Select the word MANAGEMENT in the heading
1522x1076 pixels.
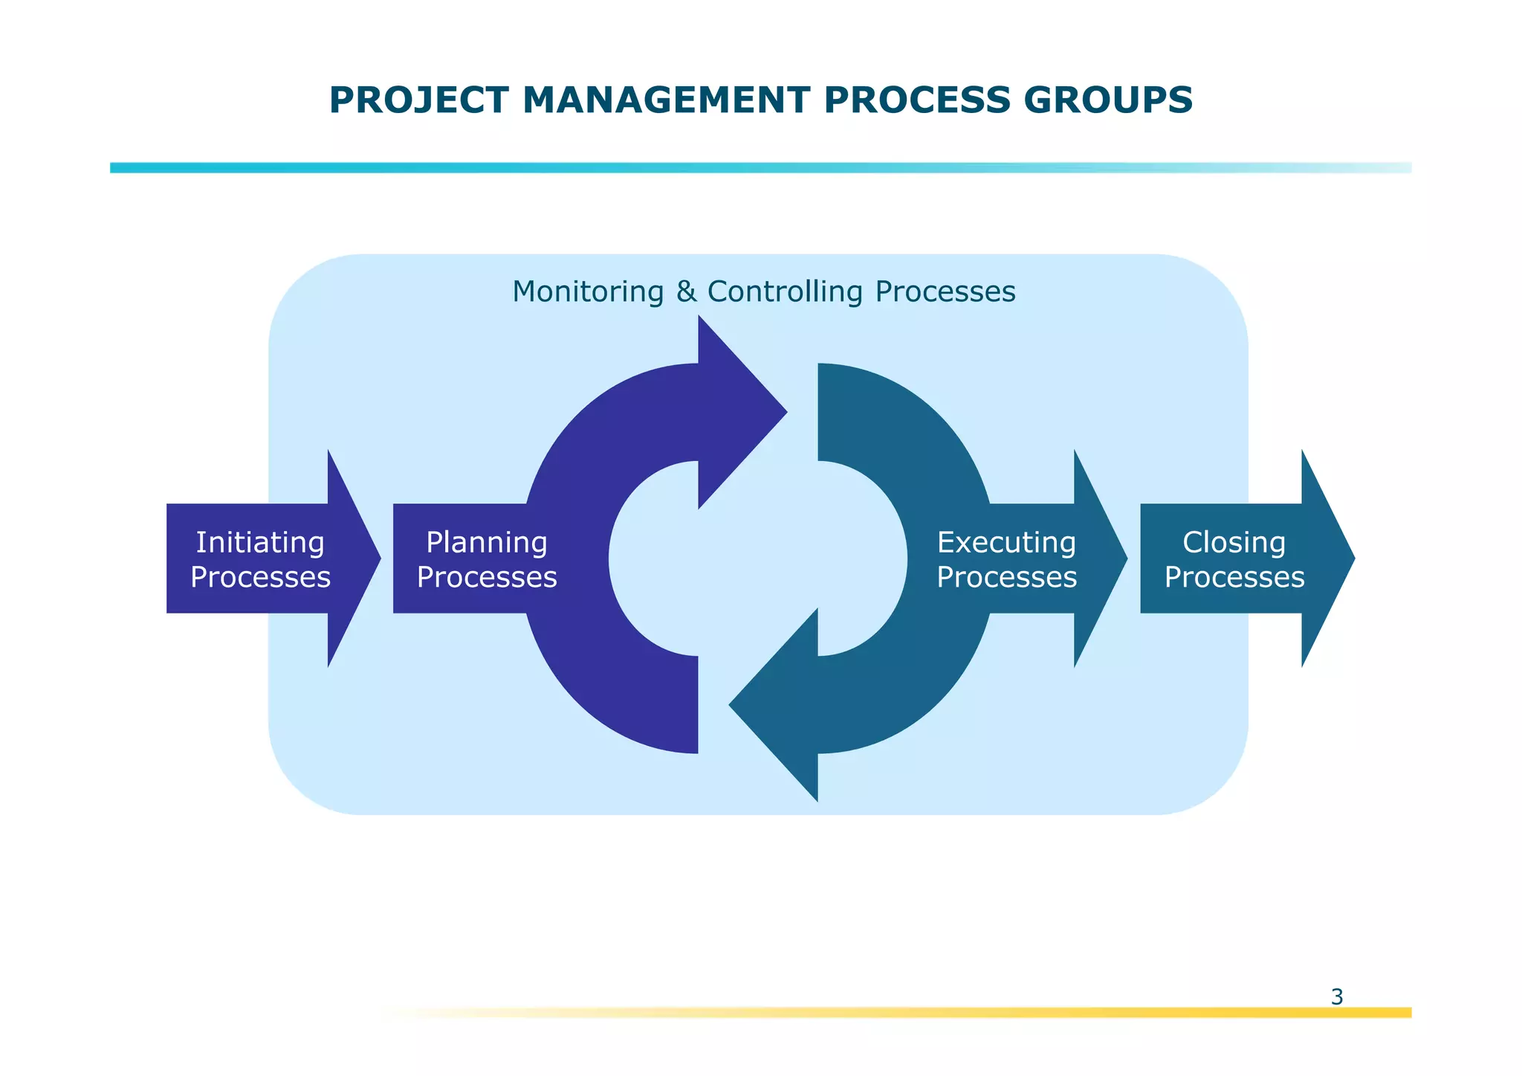665,100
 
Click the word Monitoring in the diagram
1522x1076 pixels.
587,291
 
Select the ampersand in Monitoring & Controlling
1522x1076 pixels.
686,291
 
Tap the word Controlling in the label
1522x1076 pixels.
785,291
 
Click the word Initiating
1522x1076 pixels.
260,543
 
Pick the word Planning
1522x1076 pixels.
487,543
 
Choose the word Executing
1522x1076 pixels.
1006,543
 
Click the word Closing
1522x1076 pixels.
1234,543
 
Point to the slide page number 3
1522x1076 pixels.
1336,996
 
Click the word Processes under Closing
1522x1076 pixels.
1234,577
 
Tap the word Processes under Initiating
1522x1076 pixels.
260,577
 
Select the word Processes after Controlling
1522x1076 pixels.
945,291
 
